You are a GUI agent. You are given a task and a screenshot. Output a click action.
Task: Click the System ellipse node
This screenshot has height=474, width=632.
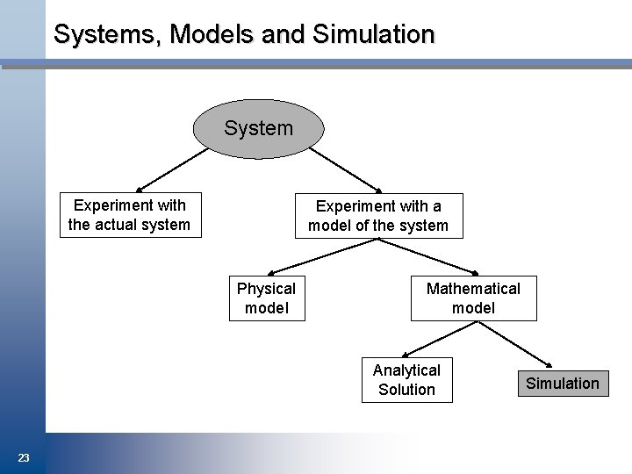click(258, 128)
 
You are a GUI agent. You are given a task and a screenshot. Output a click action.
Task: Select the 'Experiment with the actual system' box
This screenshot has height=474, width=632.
click(129, 215)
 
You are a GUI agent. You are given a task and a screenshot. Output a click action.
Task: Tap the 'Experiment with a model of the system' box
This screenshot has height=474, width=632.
click(378, 216)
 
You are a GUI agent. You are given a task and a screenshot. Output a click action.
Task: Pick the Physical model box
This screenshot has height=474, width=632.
click(267, 298)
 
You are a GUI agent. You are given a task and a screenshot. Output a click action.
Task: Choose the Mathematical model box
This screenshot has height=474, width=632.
click(473, 298)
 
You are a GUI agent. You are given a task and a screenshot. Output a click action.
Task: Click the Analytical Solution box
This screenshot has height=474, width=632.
click(406, 380)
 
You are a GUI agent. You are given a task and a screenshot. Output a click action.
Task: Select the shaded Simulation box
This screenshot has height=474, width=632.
click(563, 383)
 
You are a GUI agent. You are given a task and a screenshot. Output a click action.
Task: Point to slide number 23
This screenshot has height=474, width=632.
click(24, 457)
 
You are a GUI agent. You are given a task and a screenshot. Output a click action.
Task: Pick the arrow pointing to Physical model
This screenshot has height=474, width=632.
click(307, 257)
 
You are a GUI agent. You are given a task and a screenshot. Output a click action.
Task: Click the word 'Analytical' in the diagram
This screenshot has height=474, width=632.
click(406, 370)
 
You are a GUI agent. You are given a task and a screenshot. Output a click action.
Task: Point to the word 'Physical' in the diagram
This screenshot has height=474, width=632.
click(267, 289)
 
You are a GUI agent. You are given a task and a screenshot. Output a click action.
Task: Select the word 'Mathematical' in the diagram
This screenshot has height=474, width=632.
click(473, 289)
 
